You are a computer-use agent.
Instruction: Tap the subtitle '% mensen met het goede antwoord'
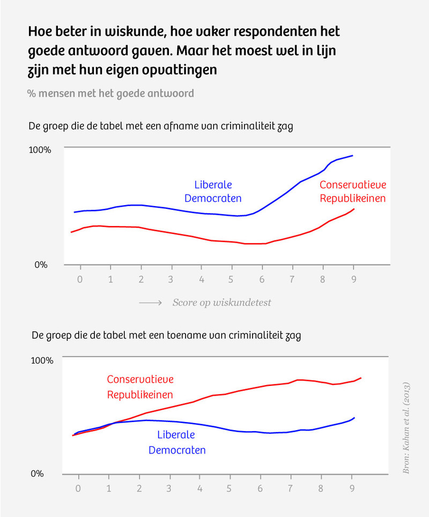click(x=110, y=93)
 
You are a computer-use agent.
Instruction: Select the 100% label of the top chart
click(x=40, y=150)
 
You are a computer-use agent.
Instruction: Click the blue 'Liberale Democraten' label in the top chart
click(x=213, y=192)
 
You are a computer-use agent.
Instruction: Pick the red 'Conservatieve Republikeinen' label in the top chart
click(x=353, y=192)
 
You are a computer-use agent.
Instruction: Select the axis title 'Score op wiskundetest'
click(x=221, y=303)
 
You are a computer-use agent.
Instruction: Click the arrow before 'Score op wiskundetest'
click(x=151, y=303)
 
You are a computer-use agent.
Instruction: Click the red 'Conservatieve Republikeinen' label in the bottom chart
click(x=140, y=387)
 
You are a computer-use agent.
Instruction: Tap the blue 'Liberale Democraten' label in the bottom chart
click(x=177, y=442)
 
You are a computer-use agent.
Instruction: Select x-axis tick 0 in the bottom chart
click(x=78, y=489)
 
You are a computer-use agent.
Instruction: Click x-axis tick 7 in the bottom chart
click(x=291, y=489)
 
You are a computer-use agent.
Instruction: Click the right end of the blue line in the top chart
click(x=353, y=155)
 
